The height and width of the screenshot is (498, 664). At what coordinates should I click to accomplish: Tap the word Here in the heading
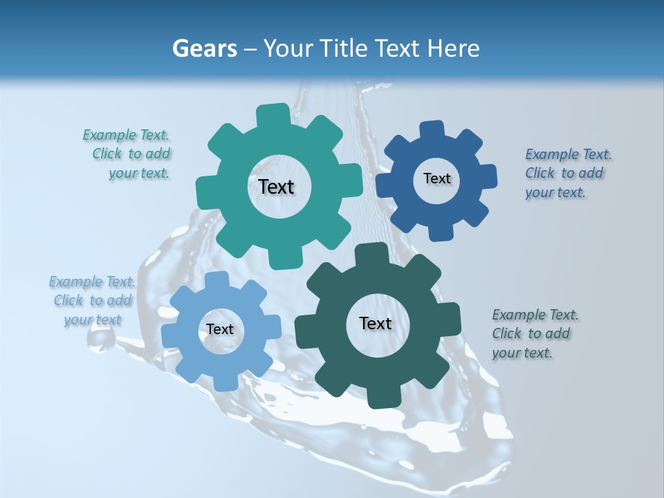point(454,48)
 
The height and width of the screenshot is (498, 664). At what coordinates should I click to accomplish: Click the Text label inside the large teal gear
point(276,187)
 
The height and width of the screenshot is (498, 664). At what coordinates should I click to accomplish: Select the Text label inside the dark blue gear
point(436,178)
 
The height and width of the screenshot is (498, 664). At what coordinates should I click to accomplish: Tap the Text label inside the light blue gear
point(220,330)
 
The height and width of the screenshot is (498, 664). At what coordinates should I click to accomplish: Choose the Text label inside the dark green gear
point(375,324)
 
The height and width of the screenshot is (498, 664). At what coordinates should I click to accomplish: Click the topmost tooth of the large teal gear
point(273,114)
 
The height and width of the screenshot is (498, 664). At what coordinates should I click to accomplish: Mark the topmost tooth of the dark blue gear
point(432,129)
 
